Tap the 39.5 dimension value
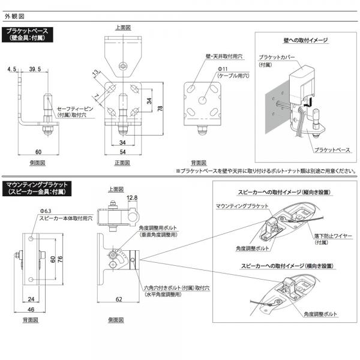coord(35,70)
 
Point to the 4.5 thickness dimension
coord(11,70)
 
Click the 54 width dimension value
coord(122,154)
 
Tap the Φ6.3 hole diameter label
coord(47,211)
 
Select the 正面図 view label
coord(122,163)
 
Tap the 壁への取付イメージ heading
coord(305,41)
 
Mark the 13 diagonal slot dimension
coord(95,74)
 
